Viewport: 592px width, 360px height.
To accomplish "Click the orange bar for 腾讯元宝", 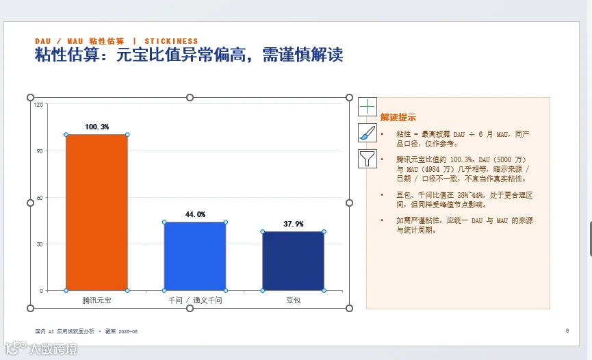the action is coord(96,212).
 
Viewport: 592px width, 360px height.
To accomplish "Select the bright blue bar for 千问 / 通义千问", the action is coord(195,256).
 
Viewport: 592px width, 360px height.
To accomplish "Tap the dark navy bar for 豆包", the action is coord(294,261).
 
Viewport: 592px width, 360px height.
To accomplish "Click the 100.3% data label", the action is coord(97,127).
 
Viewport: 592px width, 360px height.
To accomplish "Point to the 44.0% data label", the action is coord(195,214).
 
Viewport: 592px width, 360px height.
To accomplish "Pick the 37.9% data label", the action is coord(294,224).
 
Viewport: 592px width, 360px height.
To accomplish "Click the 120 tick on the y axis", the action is coord(38,105).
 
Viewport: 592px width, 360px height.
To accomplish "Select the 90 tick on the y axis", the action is coord(40,151).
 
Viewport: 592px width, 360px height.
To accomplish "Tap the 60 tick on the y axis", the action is coord(40,198).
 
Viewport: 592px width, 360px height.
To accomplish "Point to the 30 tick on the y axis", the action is coord(40,244).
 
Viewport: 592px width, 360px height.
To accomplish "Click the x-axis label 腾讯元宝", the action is coord(96,300).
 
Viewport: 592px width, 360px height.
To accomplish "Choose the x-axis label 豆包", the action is coord(294,300).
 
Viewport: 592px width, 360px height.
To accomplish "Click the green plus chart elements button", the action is coord(368,107).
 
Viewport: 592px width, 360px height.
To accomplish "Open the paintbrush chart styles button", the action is coord(368,133).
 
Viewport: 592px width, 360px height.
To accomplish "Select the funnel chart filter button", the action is coord(368,159).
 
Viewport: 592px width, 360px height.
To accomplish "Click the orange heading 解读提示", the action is coord(398,117).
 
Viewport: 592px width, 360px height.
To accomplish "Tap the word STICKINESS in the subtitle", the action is coord(171,41).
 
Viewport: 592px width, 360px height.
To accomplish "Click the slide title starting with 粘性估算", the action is coord(189,55).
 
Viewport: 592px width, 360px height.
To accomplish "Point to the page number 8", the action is coord(567,331).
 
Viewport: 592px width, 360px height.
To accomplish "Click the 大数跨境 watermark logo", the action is coord(41,348).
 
